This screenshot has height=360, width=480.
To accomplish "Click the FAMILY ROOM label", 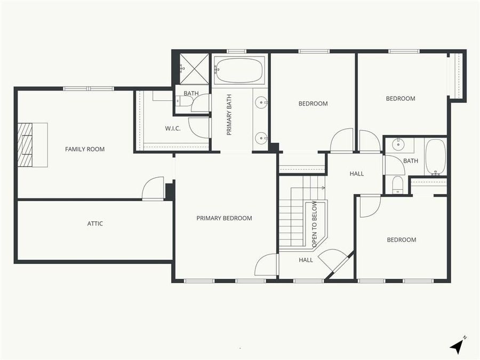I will click(x=85, y=149).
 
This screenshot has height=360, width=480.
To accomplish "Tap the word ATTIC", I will click(x=95, y=223).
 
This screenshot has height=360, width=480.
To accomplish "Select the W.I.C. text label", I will click(x=172, y=128).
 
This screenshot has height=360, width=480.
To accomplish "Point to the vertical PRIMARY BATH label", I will click(x=229, y=118).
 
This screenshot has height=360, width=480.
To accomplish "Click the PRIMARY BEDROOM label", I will click(x=224, y=218).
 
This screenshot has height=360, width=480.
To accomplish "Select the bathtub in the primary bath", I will click(x=239, y=70).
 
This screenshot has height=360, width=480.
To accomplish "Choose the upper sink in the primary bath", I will click(x=261, y=102).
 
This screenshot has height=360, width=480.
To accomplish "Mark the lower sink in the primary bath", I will click(x=261, y=138).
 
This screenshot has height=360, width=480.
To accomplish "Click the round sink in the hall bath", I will click(x=398, y=144).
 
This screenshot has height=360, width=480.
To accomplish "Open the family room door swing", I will click(x=154, y=188).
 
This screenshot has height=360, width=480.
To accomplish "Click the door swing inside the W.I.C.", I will click(x=199, y=127).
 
